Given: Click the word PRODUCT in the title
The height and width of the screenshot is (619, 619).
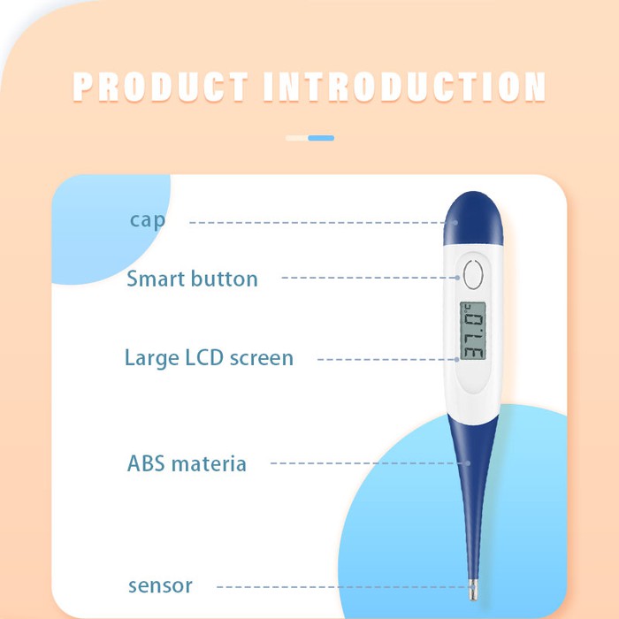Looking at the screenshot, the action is tap(160, 87).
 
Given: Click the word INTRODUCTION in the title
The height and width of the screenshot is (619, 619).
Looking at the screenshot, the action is tap(405, 87).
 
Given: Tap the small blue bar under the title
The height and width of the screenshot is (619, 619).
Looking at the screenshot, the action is tap(321, 138).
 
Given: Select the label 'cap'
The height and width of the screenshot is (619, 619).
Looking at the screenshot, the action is tap(148, 221).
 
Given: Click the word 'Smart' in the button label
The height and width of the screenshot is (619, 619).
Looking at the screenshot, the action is tap(156, 279).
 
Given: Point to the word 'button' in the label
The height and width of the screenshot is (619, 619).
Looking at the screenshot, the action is tap(225, 279).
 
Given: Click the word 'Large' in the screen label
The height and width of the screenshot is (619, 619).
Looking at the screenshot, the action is tap(151, 358).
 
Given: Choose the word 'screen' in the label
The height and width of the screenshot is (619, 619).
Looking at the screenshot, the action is tap(262, 358).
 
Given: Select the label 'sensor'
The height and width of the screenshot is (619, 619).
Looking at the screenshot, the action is tap(160, 585).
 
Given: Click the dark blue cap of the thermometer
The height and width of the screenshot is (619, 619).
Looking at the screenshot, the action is tap(473, 219).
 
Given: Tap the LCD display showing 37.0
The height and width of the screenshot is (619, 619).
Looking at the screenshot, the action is tap(472, 331).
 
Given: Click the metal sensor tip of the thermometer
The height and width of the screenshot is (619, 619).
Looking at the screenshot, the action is tap(473, 590).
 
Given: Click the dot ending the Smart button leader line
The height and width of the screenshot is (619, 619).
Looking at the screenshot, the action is tap(457, 278).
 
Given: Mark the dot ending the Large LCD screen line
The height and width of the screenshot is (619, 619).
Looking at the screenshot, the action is tap(457, 360).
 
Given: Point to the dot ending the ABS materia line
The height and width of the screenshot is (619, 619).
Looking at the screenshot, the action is tap(468, 463).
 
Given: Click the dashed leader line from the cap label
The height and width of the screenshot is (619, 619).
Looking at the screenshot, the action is tap(320, 223).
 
